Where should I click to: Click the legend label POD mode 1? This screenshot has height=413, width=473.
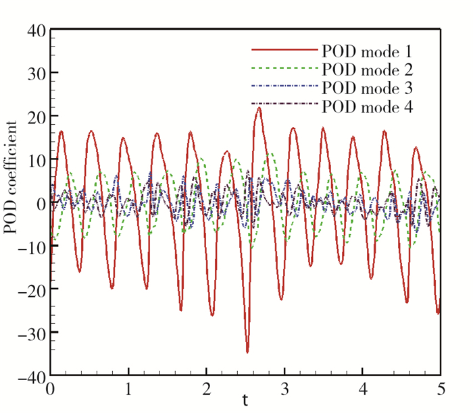pos(366,51)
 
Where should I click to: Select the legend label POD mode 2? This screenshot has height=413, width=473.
pos(366,69)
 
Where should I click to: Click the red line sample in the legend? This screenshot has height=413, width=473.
pos(284,51)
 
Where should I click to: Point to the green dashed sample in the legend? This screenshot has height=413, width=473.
pos(284,69)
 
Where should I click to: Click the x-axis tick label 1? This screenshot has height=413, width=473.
pos(128,390)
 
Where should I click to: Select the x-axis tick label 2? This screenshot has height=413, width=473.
pos(206,390)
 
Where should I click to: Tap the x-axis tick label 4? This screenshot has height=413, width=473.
pos(362,390)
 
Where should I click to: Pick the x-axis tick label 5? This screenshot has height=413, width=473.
pos(441,390)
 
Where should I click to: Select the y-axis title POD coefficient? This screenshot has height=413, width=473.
pos(10,177)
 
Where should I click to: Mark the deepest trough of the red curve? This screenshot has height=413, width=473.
pos(247,352)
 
